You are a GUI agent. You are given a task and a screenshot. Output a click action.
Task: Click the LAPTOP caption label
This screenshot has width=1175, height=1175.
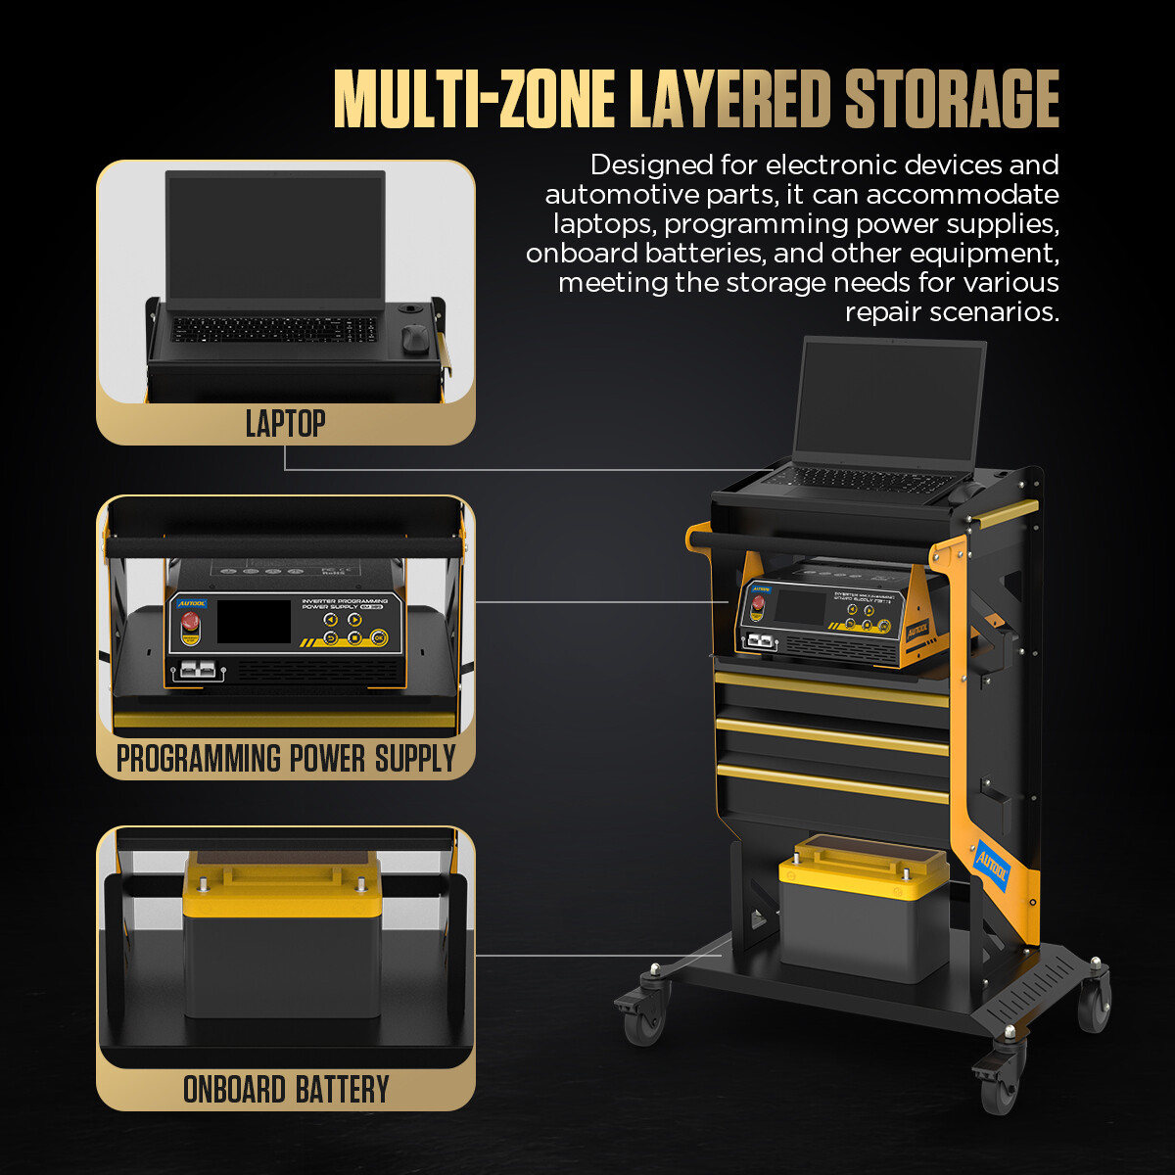285,424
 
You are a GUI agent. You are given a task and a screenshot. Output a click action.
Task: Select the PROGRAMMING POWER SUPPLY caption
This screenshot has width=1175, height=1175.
286,759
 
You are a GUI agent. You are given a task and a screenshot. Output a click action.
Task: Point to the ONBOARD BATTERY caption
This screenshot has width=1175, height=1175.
286,1090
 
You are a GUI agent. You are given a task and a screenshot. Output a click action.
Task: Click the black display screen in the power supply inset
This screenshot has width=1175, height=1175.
254,622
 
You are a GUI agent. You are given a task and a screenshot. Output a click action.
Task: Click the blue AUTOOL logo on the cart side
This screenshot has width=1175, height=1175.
991,865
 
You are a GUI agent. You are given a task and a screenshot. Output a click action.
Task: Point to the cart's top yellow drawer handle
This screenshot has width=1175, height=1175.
831,688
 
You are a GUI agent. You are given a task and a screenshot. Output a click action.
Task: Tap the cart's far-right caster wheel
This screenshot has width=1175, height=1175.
1094,1001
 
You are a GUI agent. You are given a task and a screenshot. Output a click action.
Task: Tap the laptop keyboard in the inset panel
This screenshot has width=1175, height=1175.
274,329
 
